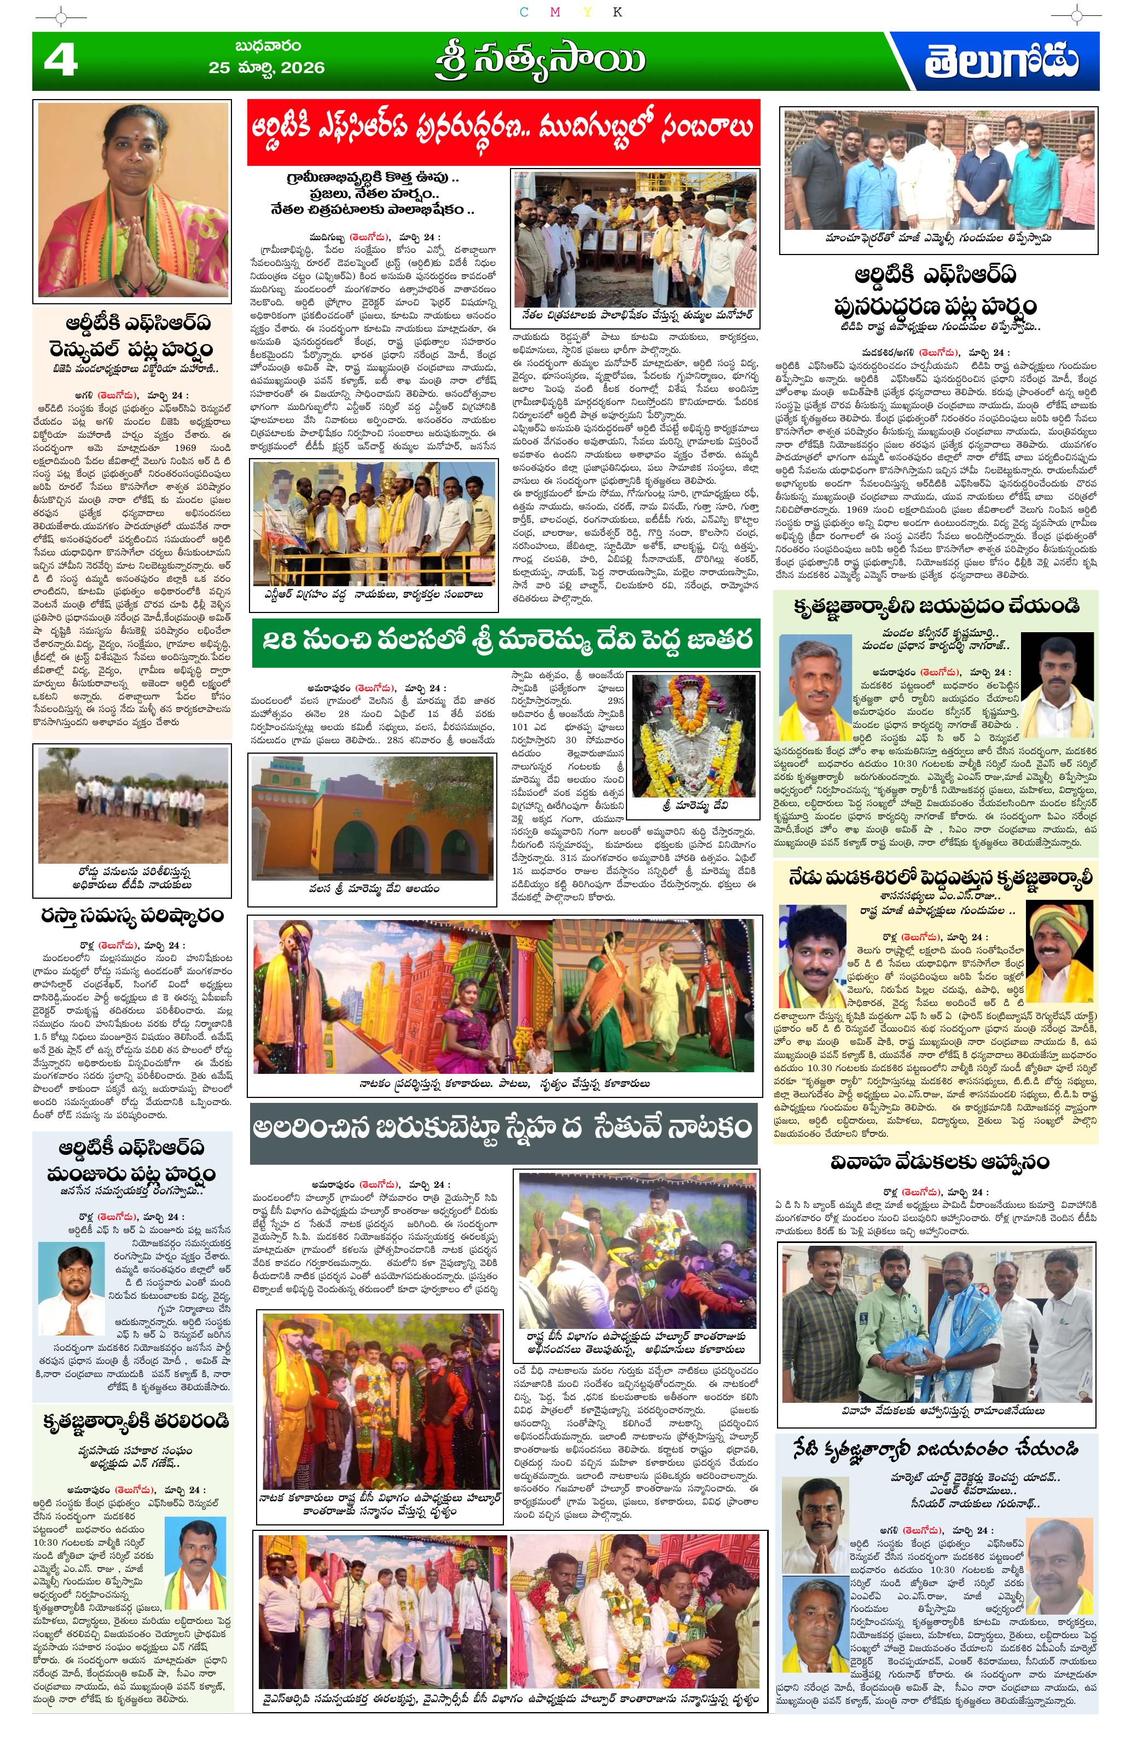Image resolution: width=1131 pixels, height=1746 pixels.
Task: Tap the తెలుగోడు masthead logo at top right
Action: click(x=1000, y=62)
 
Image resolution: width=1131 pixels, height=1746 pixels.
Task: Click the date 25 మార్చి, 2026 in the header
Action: click(x=266, y=67)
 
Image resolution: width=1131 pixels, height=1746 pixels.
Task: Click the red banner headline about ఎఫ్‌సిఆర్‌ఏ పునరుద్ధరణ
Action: click(x=503, y=131)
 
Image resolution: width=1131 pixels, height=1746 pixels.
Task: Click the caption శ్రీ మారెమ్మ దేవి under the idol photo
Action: click(x=694, y=805)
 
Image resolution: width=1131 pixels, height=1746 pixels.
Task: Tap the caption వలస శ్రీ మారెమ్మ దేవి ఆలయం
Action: click(x=374, y=888)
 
